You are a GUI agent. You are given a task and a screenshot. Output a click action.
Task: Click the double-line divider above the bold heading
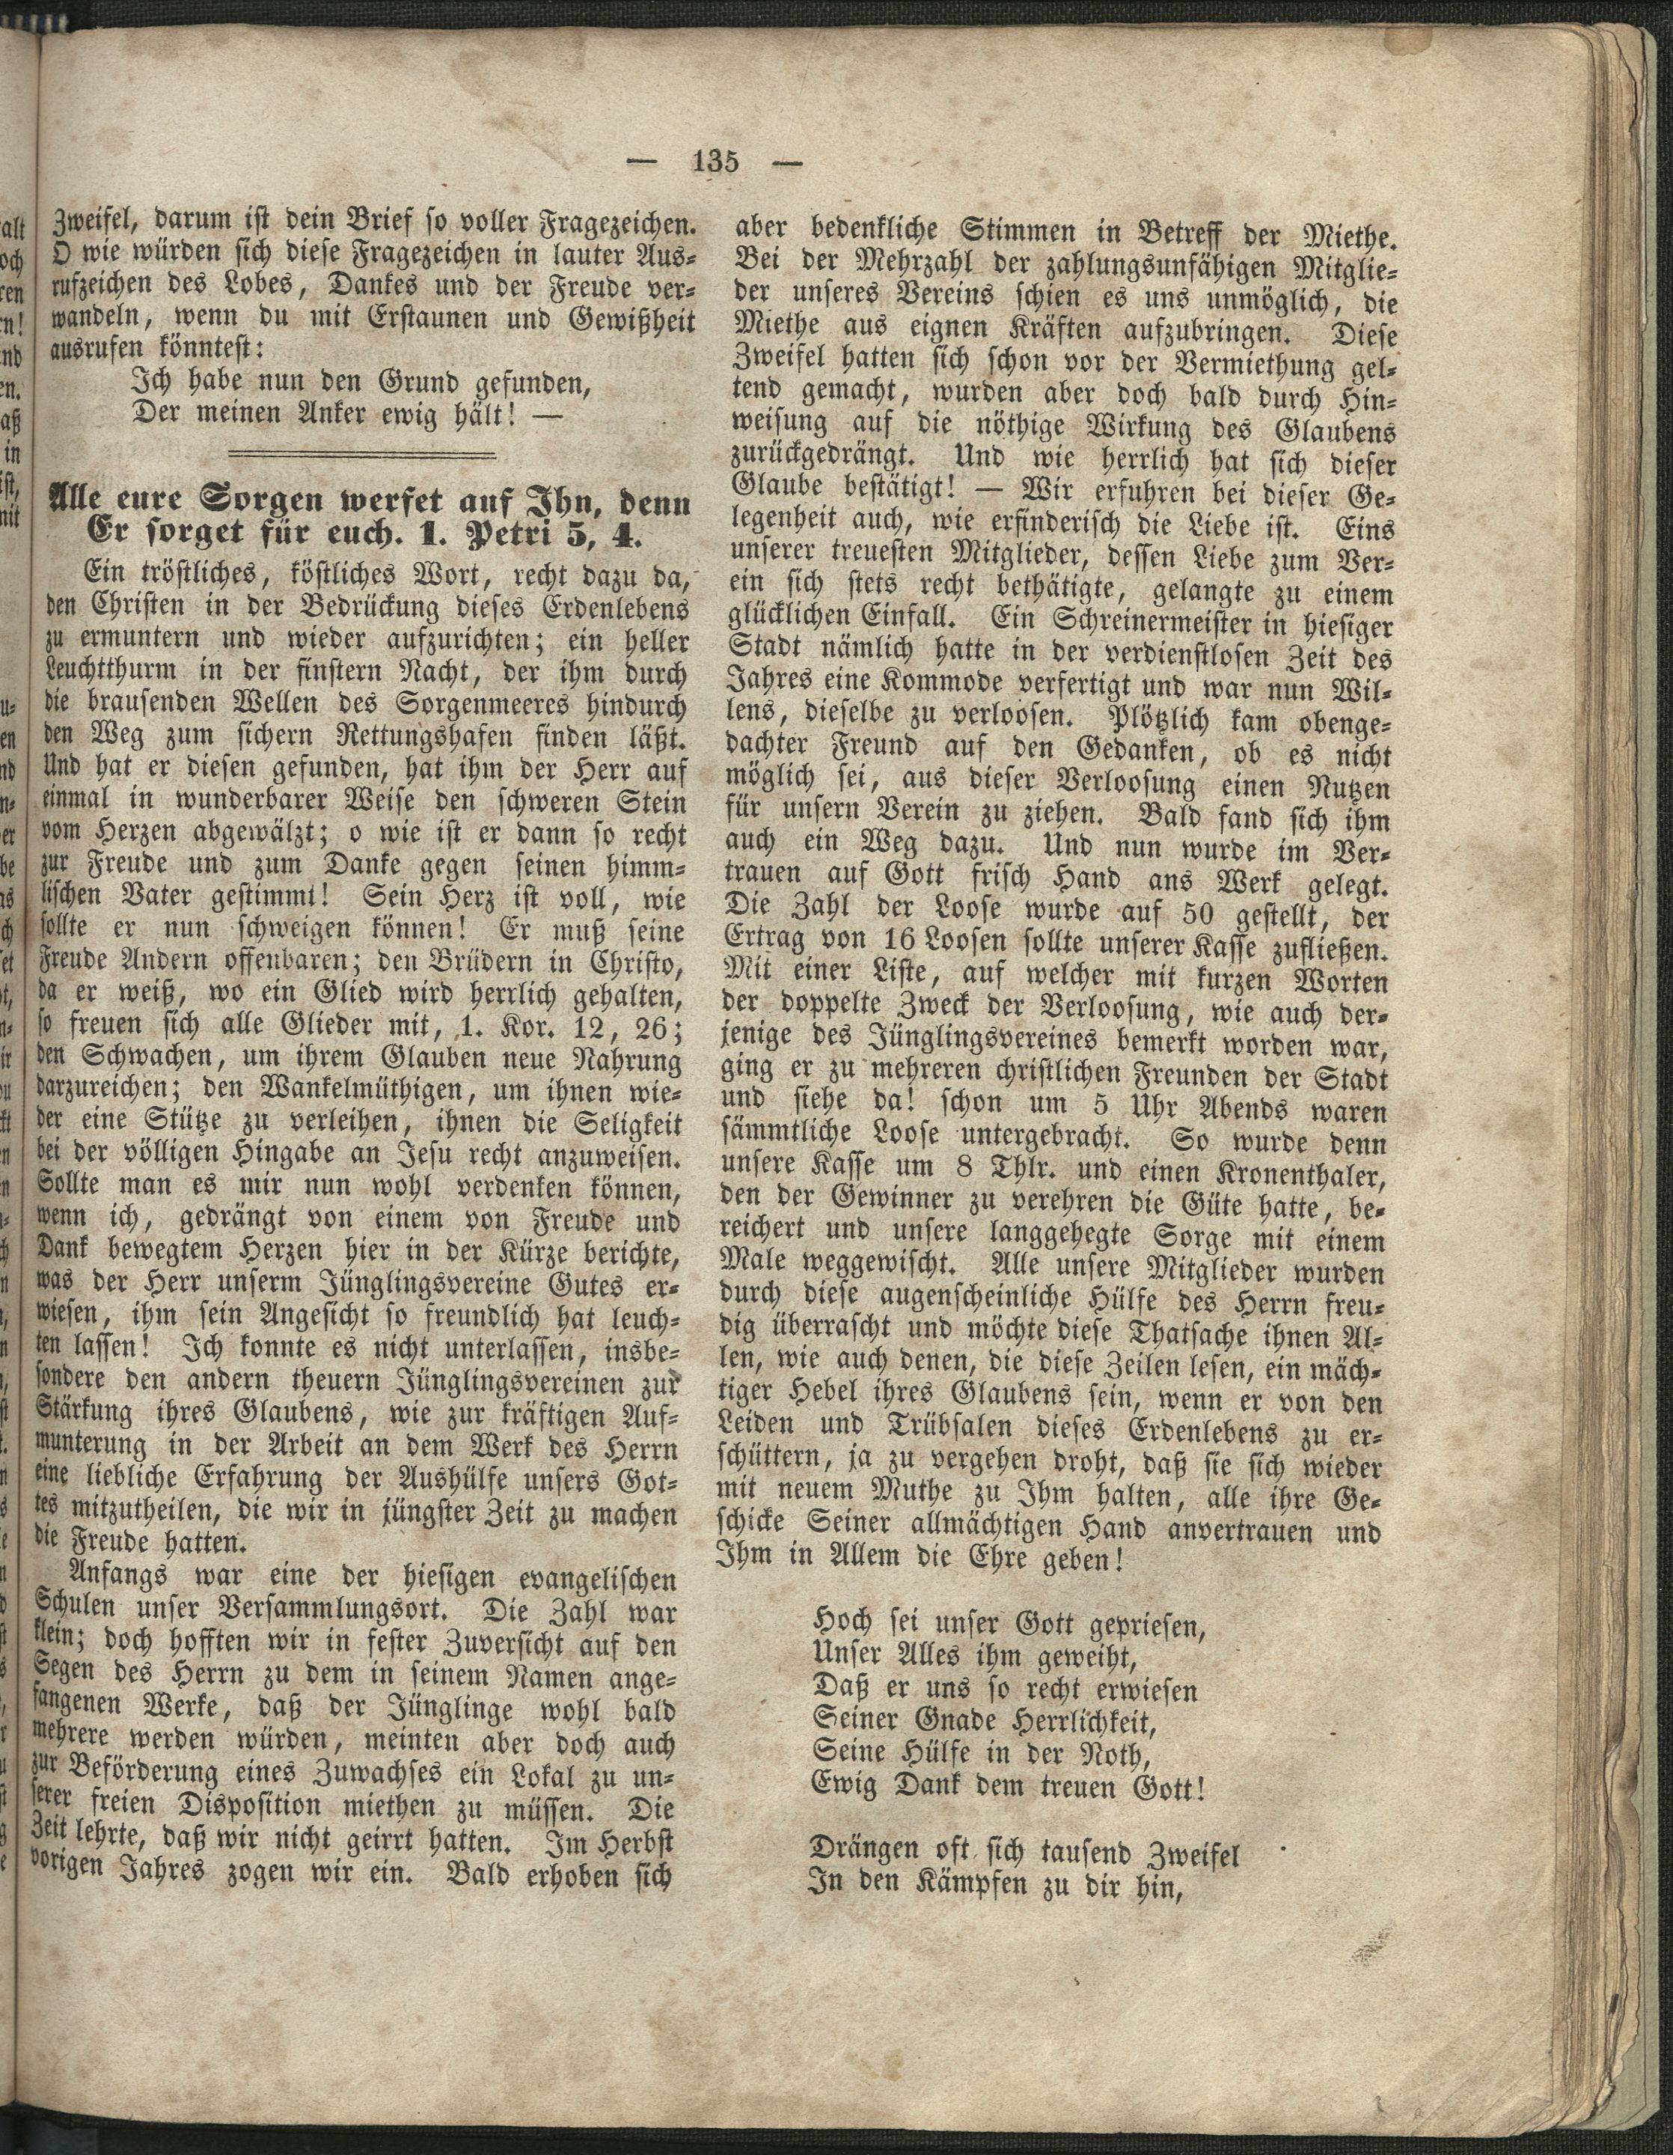[362, 456]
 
